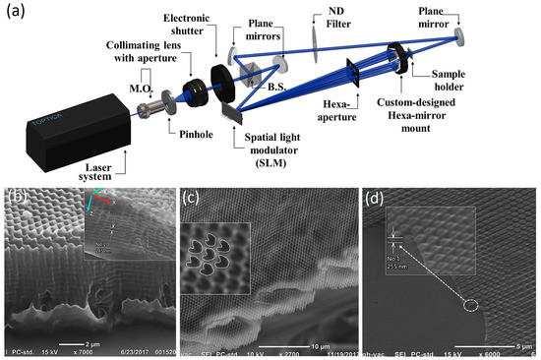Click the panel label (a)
click(14, 13)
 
